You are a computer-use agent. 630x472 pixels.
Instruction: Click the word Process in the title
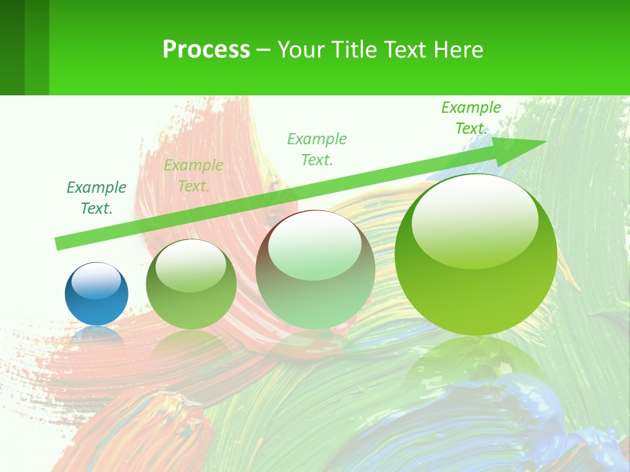click(x=206, y=50)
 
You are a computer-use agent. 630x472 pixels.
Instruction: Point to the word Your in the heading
click(x=301, y=50)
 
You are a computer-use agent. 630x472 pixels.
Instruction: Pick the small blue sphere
click(x=96, y=294)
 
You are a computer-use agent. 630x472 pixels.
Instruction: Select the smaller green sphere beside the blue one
click(x=191, y=284)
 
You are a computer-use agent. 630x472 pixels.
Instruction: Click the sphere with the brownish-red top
click(x=315, y=269)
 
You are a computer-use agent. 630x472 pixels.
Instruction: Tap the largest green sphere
click(x=476, y=254)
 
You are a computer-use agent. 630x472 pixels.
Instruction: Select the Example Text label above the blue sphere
click(x=96, y=198)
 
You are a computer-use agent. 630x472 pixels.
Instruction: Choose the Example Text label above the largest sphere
click(x=471, y=118)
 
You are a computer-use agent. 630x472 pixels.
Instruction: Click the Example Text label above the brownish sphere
click(x=317, y=149)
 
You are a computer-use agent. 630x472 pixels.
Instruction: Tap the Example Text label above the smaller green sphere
click(x=194, y=176)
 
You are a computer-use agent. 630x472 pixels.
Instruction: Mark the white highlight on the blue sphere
click(x=96, y=281)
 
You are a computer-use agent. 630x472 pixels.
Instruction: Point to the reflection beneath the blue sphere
click(x=96, y=335)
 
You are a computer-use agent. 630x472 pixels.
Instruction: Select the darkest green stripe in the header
click(x=12, y=47)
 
